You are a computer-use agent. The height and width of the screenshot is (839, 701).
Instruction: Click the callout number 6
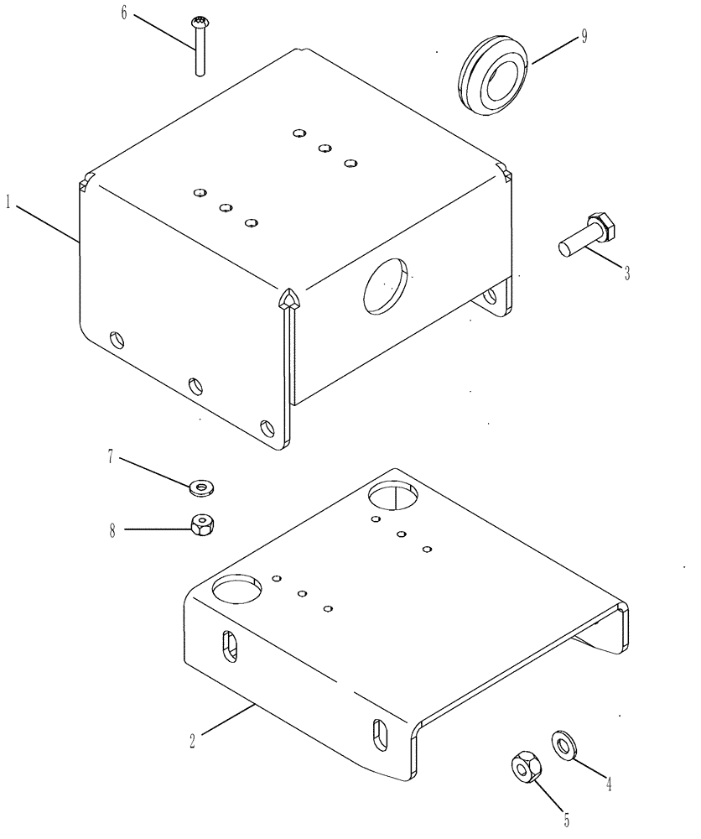point(125,14)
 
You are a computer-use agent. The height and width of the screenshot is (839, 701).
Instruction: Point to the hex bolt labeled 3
point(588,234)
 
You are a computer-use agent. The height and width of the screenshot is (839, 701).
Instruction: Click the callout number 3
point(626,272)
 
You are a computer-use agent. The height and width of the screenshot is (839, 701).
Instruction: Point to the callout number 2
point(192,740)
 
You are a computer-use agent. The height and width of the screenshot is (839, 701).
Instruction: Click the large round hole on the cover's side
point(386,287)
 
